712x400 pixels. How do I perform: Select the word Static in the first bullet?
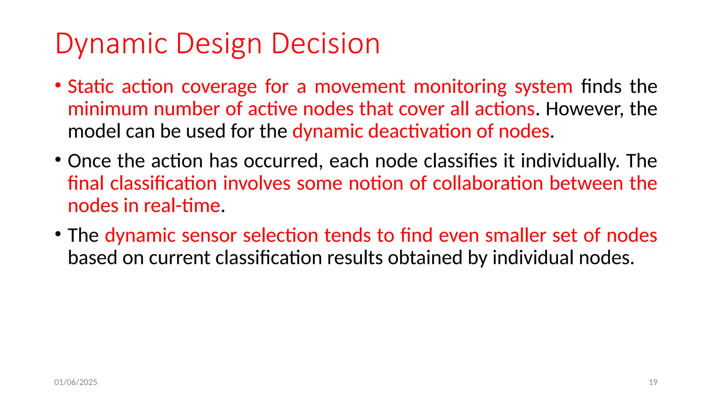pos(90,86)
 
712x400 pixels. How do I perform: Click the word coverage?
pos(219,86)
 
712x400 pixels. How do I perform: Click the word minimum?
pos(108,109)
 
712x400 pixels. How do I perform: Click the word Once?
pos(89,161)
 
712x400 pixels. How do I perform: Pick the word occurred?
pos(281,161)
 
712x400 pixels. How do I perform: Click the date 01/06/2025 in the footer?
pos(76,382)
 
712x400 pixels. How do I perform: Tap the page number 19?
pos(653,382)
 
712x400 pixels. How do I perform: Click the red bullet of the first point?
pos(58,85)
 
